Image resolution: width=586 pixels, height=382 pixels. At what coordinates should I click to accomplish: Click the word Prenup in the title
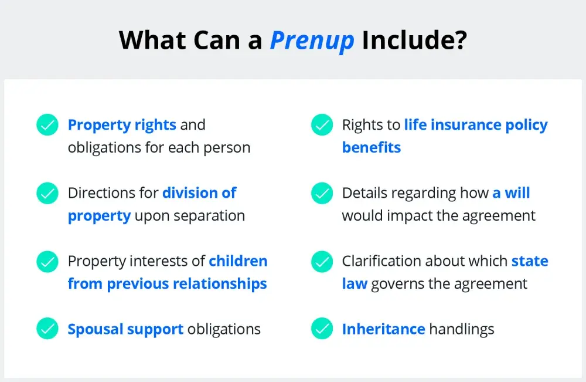tap(312, 40)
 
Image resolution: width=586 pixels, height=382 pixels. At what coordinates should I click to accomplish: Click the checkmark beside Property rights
tap(47, 124)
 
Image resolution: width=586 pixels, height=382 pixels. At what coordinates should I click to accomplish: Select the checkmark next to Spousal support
tap(47, 329)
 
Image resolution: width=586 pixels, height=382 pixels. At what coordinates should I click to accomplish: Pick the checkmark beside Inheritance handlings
tap(322, 329)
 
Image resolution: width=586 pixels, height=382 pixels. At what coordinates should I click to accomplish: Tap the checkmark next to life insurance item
tap(322, 124)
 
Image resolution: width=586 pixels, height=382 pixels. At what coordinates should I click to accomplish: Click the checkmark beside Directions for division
tap(47, 193)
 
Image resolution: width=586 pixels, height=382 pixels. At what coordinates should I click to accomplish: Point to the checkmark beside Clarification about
tap(322, 261)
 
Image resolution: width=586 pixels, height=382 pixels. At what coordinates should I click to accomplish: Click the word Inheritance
tap(383, 329)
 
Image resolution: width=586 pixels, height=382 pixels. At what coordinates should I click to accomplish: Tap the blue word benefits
tap(372, 147)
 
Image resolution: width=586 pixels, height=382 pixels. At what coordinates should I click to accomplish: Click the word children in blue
tap(238, 261)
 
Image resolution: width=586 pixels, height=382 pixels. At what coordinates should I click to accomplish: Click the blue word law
tap(355, 283)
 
